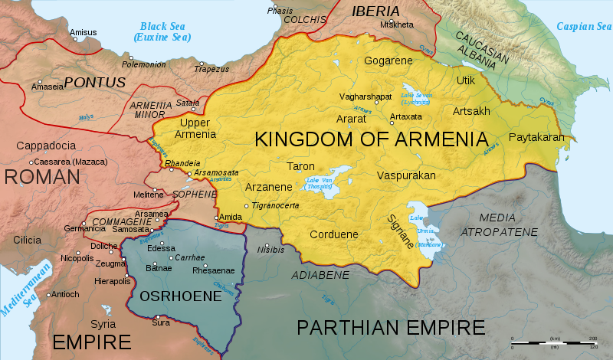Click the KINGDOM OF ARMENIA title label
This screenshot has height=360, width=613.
point(371,139)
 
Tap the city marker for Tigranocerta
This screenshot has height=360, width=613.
point(246,206)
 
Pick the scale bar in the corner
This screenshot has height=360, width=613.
point(552,342)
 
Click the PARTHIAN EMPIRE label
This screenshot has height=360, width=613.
point(391,328)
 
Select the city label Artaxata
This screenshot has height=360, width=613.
point(406,116)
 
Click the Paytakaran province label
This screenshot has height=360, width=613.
point(536,137)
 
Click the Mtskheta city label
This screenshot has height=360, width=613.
point(396,25)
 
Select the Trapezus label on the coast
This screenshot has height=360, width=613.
point(211,68)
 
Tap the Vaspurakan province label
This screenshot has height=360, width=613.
point(406,175)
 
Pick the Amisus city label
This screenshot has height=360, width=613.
point(84,32)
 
